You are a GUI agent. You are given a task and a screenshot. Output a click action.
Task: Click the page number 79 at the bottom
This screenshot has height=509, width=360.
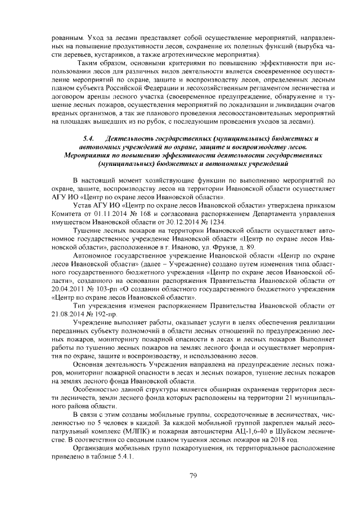[192, 475]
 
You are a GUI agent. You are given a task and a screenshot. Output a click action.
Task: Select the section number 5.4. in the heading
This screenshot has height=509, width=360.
[88, 138]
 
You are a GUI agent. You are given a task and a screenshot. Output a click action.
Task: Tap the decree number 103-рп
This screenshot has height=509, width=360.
[111, 287]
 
